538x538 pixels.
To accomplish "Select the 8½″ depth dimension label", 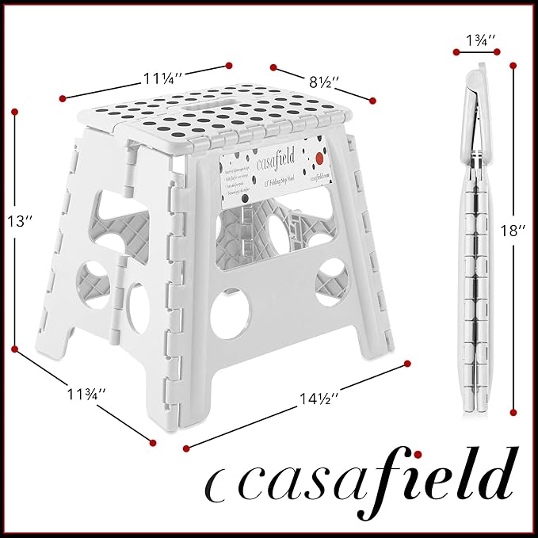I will pos(324,82).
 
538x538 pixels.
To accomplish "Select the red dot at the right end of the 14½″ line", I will pos(408,364).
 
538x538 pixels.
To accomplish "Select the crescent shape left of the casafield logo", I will pos(213,485).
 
